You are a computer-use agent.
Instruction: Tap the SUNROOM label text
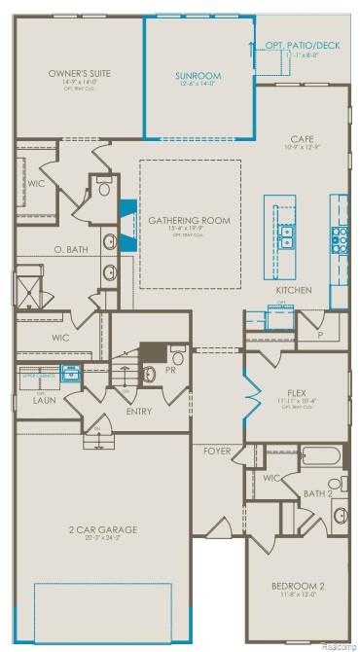point(198,75)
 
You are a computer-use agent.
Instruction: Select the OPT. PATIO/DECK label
point(303,45)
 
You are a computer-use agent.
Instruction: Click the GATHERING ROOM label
point(189,220)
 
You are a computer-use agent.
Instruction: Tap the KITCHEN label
point(293,291)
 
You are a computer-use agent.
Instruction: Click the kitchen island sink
point(288,237)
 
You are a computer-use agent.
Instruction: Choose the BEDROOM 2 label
point(298,584)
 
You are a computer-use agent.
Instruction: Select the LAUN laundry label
point(41,399)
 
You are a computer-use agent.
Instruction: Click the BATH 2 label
point(317,492)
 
